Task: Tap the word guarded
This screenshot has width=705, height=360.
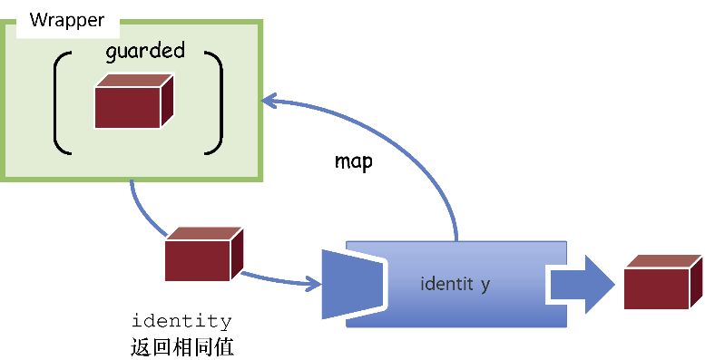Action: [145, 51]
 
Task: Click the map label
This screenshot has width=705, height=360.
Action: [354, 162]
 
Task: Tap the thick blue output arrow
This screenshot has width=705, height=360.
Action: [581, 284]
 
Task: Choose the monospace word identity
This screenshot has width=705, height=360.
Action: [181, 322]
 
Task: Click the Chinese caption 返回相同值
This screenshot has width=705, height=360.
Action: [182, 346]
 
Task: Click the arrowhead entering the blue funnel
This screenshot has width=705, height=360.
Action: [313, 284]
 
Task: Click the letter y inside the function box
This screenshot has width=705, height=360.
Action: [485, 285]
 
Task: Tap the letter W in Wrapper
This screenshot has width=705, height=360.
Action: [37, 20]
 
